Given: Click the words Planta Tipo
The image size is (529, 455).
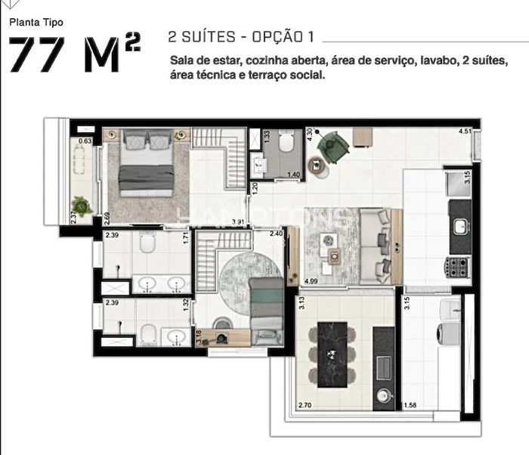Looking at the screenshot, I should [36, 23].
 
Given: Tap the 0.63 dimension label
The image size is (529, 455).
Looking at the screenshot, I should [85, 141].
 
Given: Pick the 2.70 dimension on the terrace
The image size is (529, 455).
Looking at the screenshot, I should [306, 405].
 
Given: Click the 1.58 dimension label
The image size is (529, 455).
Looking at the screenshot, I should [411, 405].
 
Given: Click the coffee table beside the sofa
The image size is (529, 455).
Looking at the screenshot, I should [332, 247].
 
